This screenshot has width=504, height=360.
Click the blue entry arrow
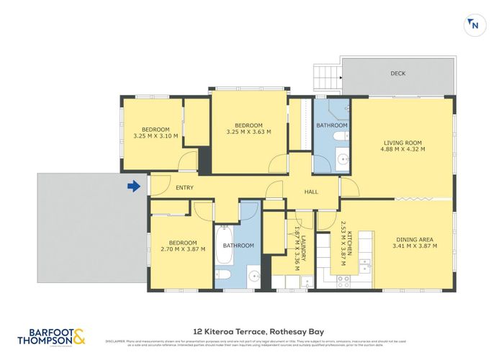pos(133,187)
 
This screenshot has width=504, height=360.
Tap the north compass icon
pos(473,24)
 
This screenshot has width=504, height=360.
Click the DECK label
pos(398,73)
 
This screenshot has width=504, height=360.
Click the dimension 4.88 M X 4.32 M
pos(402,150)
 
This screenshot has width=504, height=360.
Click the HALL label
pos(310,192)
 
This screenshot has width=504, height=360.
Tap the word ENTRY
pos(184,188)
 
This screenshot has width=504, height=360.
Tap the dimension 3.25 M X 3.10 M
pos(156,135)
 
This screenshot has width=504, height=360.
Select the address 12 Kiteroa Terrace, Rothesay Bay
pos(251,331)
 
